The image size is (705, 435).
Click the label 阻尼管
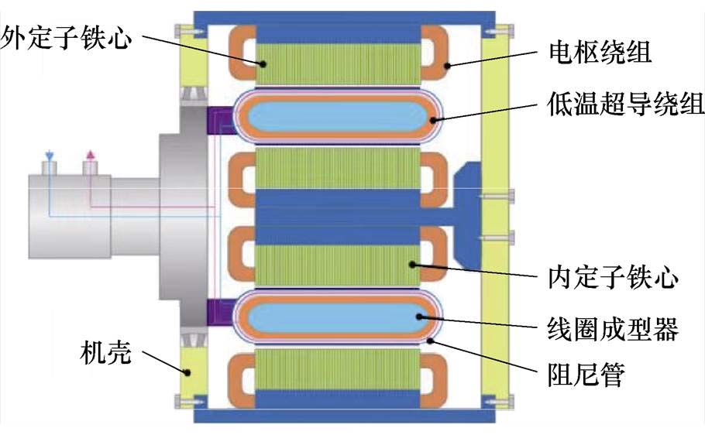pyautogui.click(x=580, y=377)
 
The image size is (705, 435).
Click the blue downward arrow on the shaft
pyautogui.click(x=49, y=156)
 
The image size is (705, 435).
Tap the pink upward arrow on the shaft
pyautogui.click(x=91, y=156)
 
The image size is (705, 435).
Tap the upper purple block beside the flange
pyautogui.click(x=219, y=120)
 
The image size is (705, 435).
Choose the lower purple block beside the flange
pyautogui.click(x=219, y=313)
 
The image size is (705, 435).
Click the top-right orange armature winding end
pyautogui.click(x=438, y=52)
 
